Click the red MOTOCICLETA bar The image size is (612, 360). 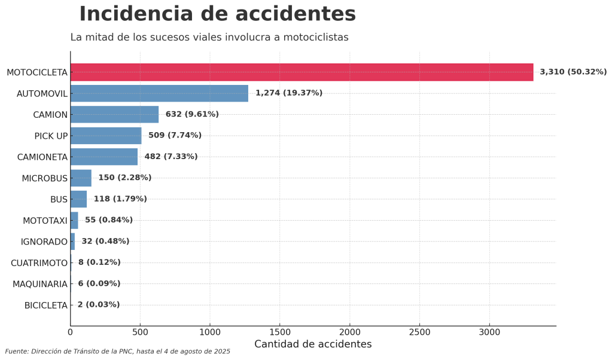coord(302,72)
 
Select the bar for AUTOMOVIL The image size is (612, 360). coord(159,93)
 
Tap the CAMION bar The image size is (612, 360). coord(114,114)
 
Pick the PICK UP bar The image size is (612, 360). coord(106,136)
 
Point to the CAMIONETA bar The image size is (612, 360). coord(104,157)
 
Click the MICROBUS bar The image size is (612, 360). coord(81,178)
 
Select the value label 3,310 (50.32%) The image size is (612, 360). coord(573,72)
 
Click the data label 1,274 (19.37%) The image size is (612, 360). coord(289,93)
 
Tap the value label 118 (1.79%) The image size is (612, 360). coord(120,199)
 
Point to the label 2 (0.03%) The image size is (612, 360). coord(99,305)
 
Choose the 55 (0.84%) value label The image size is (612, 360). coord(109,220)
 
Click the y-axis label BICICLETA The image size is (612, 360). coord(46,306)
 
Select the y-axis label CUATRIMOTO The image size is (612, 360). coord(39,263)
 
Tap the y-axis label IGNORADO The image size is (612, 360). coord(44,242)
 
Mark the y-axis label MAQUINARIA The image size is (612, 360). coord(40,284)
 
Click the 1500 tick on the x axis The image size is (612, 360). coord(280,331)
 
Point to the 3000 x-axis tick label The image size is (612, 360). coord(489,331)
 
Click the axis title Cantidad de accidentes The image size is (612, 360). coord(313,344)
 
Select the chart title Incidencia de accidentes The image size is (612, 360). coord(217,14)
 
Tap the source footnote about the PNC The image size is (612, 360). coord(118,352)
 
